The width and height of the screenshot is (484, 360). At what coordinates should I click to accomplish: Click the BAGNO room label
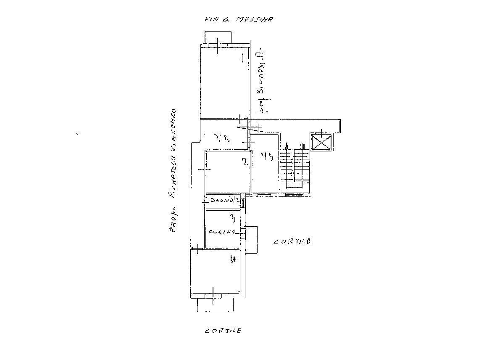pos(222,201)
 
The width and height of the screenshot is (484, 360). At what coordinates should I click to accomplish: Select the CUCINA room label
pos(222,232)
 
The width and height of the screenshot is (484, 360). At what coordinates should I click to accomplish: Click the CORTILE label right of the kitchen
pos(292,242)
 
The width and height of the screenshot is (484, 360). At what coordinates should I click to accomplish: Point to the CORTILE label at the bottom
pos(223,331)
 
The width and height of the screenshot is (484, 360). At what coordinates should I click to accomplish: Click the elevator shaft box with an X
pos(321,142)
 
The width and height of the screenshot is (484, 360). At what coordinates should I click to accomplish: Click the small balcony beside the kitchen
pos(251,239)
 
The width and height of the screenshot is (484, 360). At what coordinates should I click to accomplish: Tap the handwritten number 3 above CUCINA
pos(231,217)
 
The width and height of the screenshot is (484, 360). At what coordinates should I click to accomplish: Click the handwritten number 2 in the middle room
pos(244,162)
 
